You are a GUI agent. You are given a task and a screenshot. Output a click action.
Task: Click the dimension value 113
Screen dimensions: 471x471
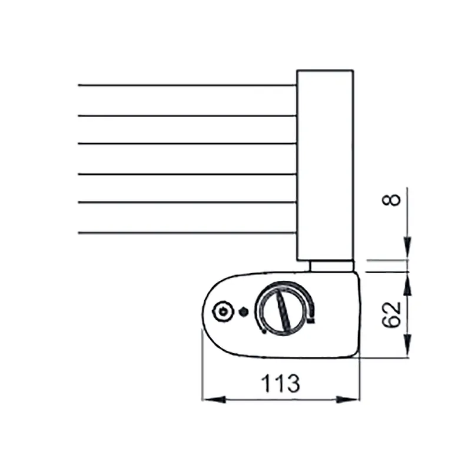click(x=280, y=384)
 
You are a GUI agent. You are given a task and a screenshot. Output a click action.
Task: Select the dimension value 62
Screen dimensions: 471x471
click(x=392, y=314)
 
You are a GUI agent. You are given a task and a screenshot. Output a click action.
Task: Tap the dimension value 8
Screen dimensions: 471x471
click(x=392, y=200)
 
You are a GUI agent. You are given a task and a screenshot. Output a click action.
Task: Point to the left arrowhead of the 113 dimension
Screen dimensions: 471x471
click(x=214, y=400)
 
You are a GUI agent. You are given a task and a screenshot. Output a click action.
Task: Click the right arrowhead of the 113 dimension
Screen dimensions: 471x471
click(x=347, y=400)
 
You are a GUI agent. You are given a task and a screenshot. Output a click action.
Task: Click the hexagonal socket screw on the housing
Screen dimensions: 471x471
click(x=223, y=311)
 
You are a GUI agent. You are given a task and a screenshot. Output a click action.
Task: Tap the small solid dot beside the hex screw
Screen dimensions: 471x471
click(x=243, y=312)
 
